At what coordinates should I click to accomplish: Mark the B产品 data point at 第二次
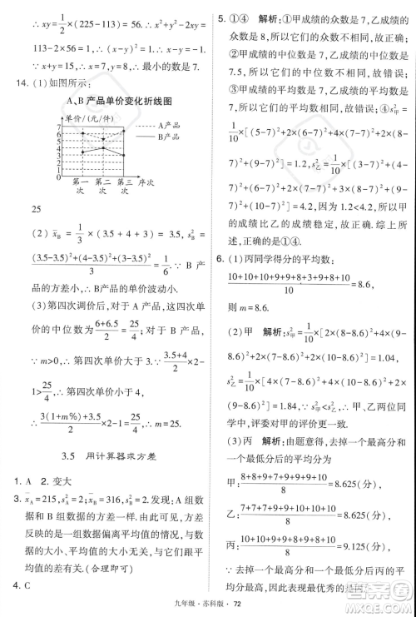[102, 153]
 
